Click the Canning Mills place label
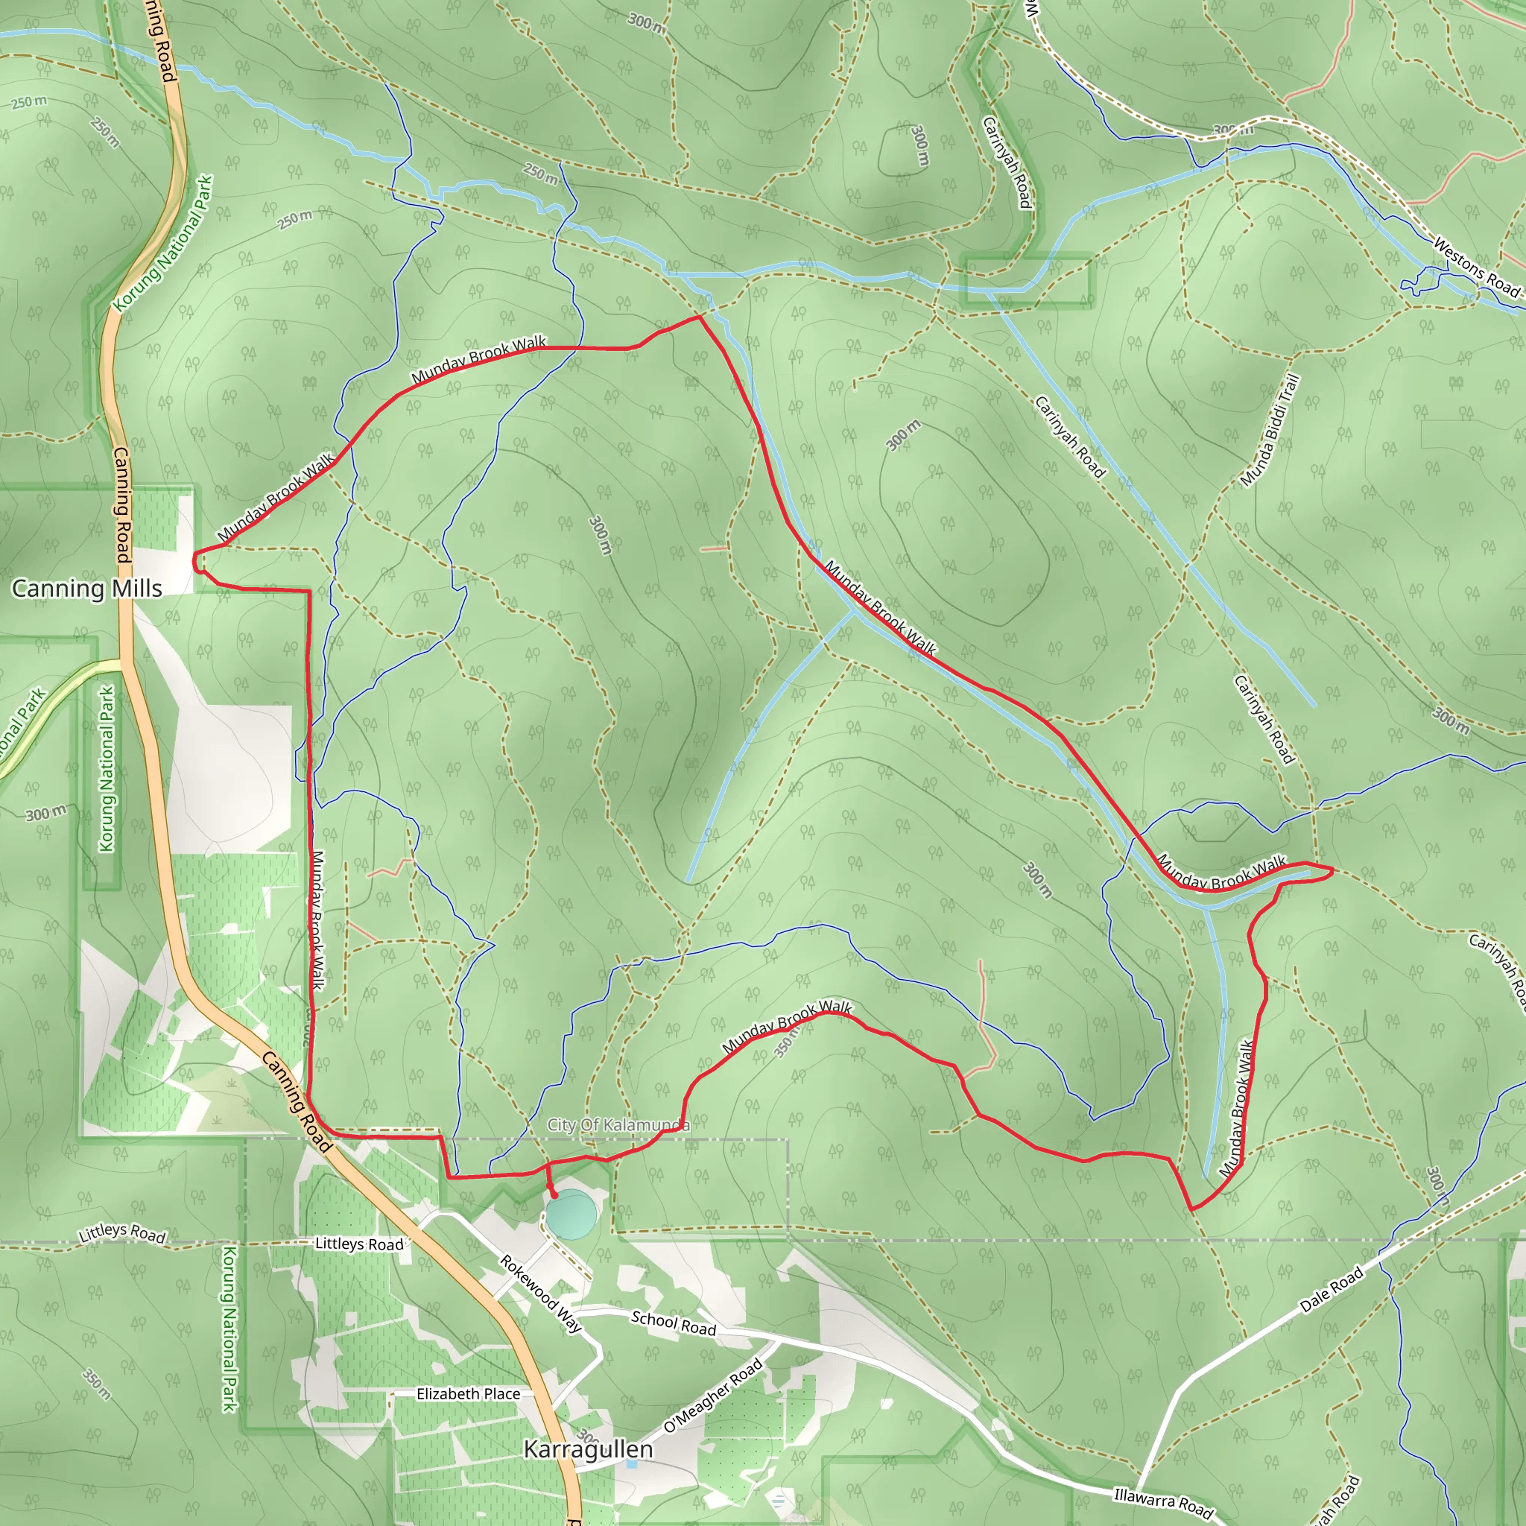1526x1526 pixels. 87,589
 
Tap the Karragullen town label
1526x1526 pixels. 589,1450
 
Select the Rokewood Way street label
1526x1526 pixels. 541,1294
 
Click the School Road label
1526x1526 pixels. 673,1323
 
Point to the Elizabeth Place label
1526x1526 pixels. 469,1394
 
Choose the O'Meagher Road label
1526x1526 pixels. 713,1396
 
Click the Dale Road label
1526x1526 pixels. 1332,1290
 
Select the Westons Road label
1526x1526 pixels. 1476,267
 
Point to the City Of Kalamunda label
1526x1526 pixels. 618,1124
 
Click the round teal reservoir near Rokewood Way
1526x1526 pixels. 571,1215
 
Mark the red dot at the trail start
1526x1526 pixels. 553,1195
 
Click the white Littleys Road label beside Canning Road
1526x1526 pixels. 359,1244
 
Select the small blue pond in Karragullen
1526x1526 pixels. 631,1463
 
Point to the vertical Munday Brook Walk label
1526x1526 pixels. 317,919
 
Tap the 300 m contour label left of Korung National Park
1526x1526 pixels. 45,814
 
